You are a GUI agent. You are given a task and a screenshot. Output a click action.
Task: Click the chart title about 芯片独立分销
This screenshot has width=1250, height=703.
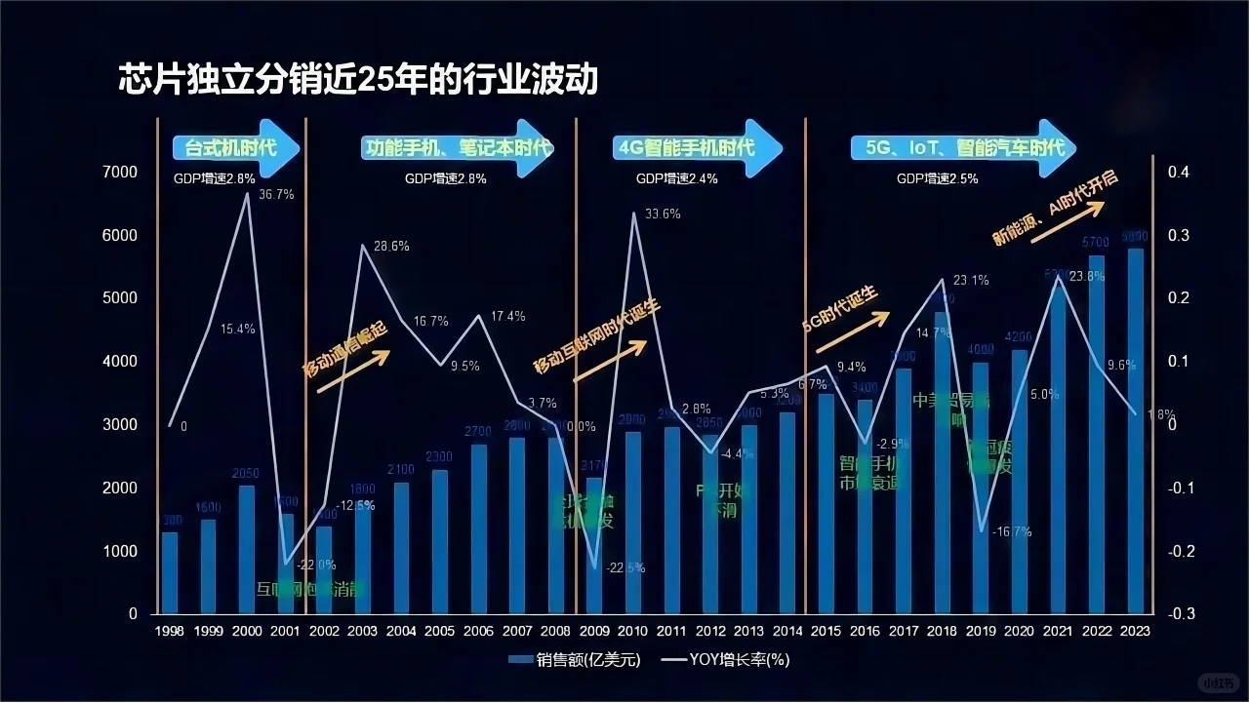click(357, 79)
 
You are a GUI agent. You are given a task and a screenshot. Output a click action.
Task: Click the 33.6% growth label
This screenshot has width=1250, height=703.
click(663, 214)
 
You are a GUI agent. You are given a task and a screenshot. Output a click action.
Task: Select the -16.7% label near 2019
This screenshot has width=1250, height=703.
click(1012, 532)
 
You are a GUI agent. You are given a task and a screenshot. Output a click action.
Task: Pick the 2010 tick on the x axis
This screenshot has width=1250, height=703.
click(631, 632)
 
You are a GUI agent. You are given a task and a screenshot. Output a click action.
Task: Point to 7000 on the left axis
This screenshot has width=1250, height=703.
click(122, 172)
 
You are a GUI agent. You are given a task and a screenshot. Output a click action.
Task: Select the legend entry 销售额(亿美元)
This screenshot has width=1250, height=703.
click(576, 660)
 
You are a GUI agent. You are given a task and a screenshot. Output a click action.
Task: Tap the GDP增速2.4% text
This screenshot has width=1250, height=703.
click(677, 179)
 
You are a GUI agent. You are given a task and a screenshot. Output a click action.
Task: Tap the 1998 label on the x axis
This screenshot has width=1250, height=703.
click(170, 632)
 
